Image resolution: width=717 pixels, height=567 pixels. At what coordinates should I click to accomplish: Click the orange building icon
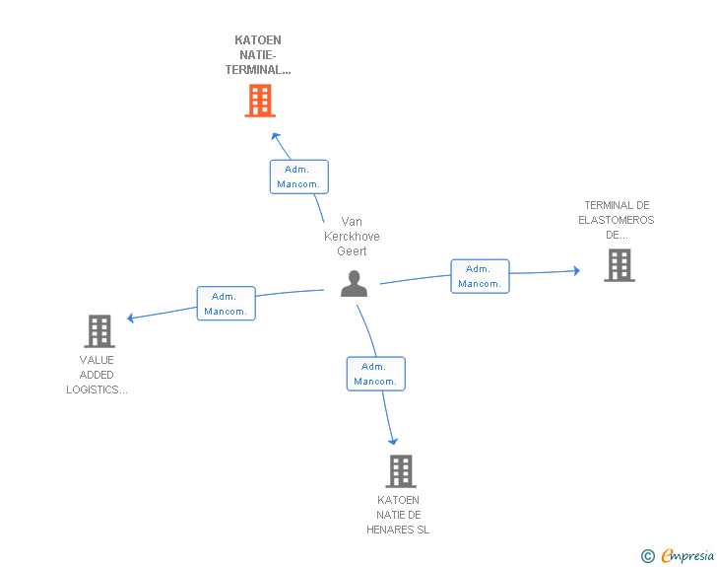pos(260,101)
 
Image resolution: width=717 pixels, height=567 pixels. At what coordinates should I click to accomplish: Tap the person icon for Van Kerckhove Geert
pos(354,284)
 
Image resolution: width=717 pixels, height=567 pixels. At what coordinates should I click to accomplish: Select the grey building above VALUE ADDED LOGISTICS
pos(99,331)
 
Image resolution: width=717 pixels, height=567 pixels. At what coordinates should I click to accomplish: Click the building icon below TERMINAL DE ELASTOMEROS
pos(619,265)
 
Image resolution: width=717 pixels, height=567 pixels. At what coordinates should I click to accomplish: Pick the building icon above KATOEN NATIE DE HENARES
pos(401,470)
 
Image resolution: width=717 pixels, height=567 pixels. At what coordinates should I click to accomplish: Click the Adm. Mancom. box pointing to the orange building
pos(299,177)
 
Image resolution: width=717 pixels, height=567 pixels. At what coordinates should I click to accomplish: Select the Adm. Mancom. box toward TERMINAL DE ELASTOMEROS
pos(481,276)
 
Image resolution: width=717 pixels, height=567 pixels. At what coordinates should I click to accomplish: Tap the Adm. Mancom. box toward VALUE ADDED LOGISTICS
pos(227,303)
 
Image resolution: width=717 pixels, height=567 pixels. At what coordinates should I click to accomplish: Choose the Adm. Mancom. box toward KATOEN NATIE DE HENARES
pos(376,374)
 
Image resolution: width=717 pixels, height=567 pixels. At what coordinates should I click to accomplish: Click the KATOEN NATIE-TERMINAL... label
pos(258,55)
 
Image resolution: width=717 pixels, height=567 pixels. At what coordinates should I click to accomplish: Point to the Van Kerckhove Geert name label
pos(352,237)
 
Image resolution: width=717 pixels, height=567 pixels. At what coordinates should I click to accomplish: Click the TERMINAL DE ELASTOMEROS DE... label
pos(617,220)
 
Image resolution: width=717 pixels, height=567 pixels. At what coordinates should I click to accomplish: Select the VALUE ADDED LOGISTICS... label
pos(97,375)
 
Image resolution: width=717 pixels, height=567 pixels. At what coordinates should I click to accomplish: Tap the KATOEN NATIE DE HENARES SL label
pos(398,515)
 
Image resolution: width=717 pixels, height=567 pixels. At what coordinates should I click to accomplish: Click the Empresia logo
pos(687,555)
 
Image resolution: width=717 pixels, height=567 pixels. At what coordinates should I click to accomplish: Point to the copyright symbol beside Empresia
pos(648,556)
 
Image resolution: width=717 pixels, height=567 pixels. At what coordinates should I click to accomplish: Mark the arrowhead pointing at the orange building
pos(276,136)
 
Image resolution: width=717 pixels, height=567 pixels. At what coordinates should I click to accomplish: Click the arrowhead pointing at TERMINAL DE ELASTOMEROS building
pos(576,270)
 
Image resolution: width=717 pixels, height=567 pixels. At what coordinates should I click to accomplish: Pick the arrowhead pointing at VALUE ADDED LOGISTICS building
pos(130,318)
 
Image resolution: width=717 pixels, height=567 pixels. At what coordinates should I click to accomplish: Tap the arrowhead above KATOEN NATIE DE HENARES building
pos(393,442)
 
